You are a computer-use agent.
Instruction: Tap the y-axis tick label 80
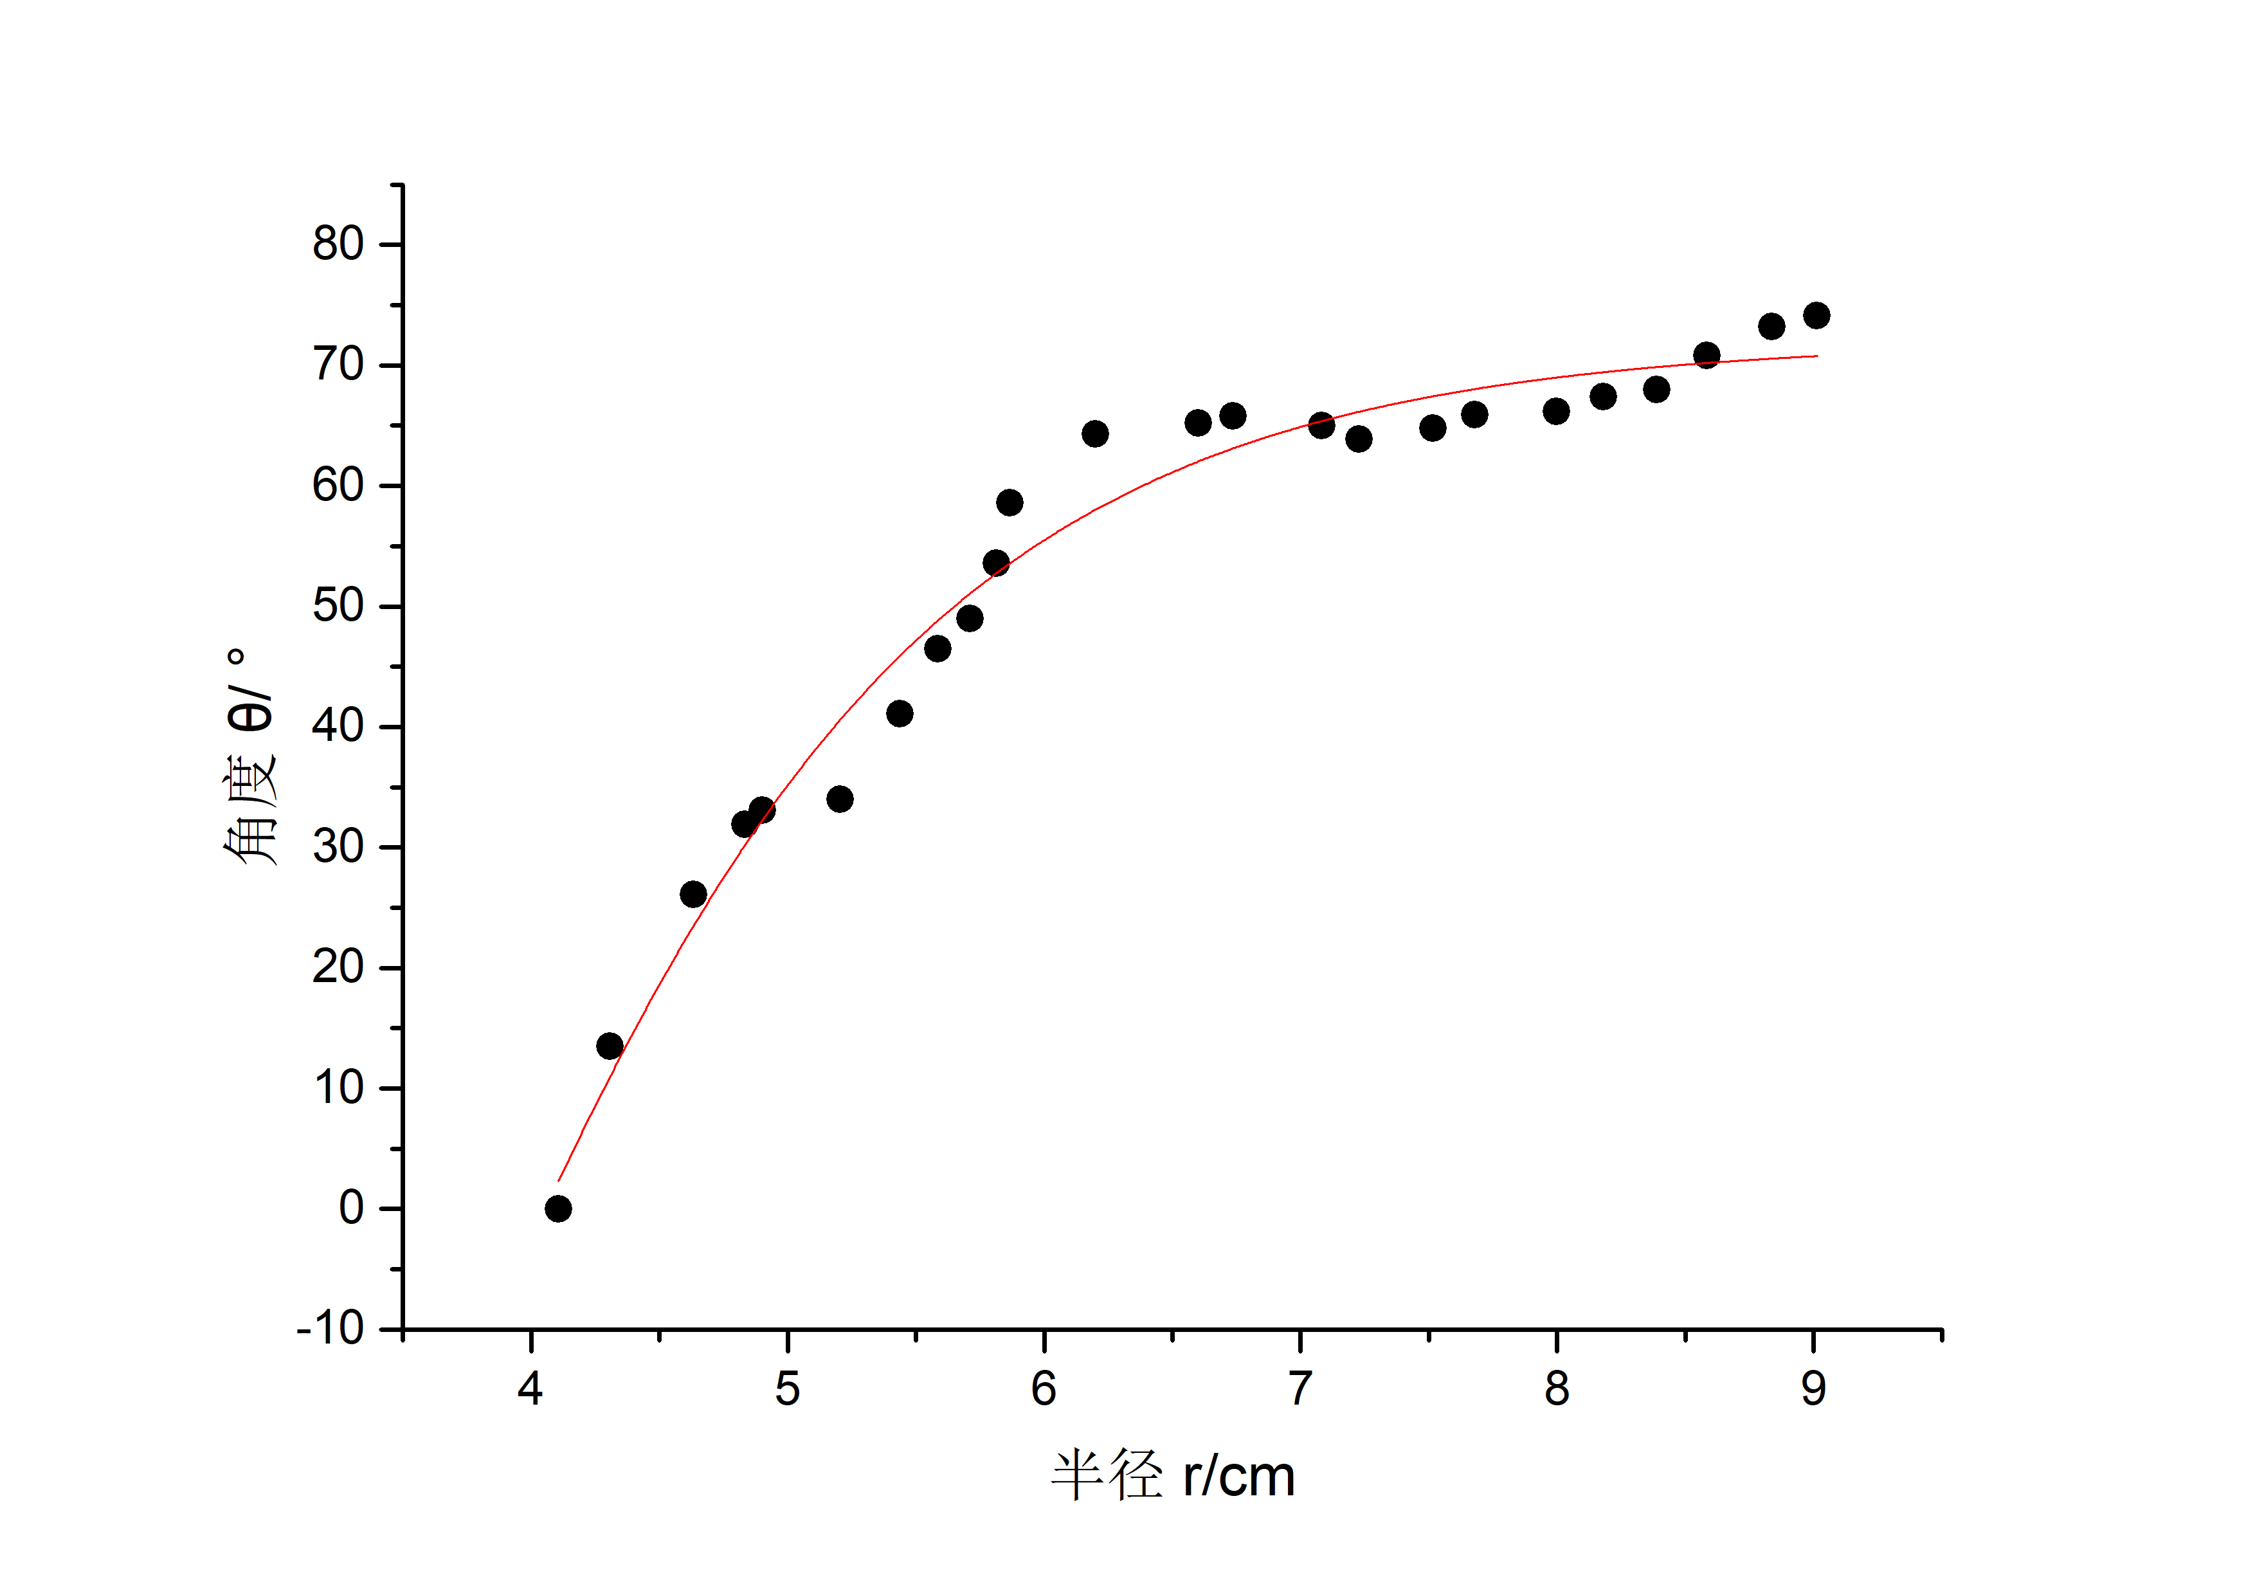click(x=338, y=244)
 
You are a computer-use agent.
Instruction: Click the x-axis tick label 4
click(x=530, y=1388)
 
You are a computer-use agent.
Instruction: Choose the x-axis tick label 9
click(x=1813, y=1388)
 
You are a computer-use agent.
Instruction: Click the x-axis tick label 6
click(x=1043, y=1388)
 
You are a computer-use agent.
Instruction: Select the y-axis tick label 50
click(x=338, y=606)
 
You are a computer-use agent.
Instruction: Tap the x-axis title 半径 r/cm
click(x=1173, y=1475)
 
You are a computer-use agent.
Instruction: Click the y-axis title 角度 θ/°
click(x=249, y=756)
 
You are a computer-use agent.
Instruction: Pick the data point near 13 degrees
click(x=610, y=1046)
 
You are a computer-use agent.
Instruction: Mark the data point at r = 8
click(x=1555, y=412)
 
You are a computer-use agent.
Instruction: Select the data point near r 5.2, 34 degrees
click(x=840, y=799)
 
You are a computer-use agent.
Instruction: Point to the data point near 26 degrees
click(x=693, y=894)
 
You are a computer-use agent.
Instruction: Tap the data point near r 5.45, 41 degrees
click(x=900, y=713)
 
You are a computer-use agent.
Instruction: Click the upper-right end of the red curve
click(x=1817, y=356)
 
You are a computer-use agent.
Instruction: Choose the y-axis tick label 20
click(x=338, y=967)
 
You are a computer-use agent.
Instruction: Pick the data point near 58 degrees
click(x=1010, y=503)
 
